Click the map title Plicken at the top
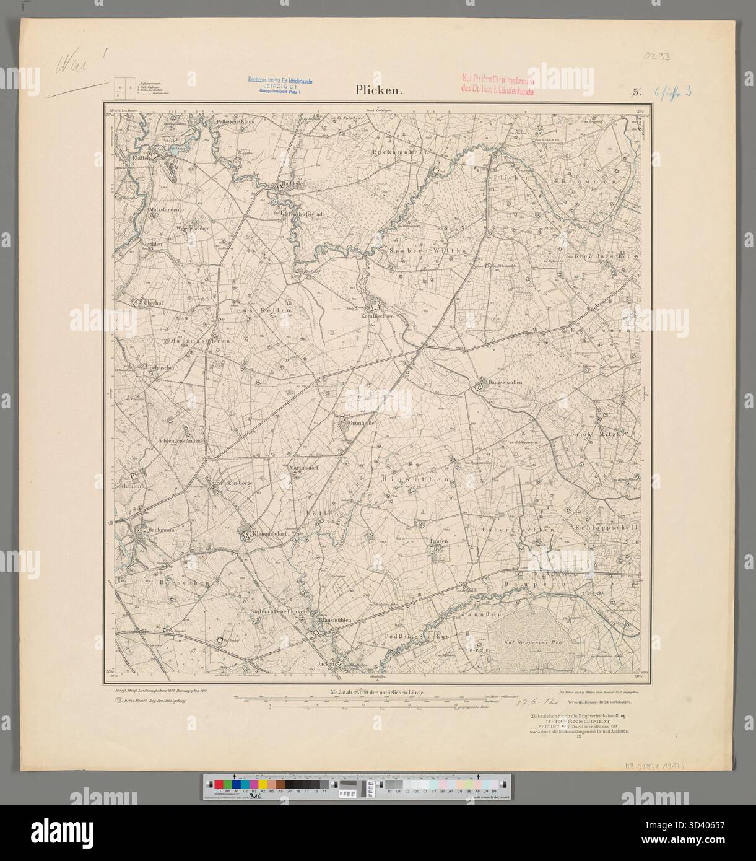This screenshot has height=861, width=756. point(379,90)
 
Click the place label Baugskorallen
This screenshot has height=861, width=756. point(502,382)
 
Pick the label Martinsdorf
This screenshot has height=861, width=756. point(304,468)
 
